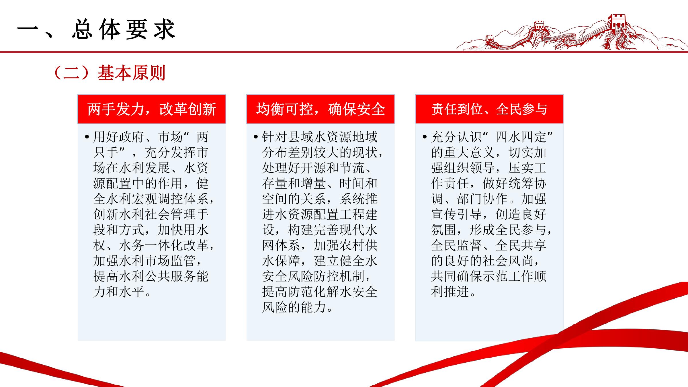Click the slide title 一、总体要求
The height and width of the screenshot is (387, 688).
pyautogui.click(x=96, y=30)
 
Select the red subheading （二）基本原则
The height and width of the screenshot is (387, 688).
pyautogui.click(x=109, y=73)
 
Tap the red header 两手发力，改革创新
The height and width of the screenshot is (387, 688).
pyautogui.click(x=152, y=109)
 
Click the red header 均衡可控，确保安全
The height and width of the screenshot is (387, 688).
pyautogui.click(x=320, y=109)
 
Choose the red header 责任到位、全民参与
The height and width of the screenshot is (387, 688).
pyautogui.click(x=489, y=109)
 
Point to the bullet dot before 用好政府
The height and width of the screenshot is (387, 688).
pyautogui.click(x=87, y=137)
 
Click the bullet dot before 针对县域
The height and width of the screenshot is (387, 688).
pyautogui.click(x=256, y=137)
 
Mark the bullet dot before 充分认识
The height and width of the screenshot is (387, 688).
pyautogui.click(x=425, y=137)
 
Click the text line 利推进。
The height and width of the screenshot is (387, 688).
pyautogui.click(x=454, y=292)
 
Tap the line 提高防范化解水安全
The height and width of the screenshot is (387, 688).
pyautogui.click(x=320, y=292)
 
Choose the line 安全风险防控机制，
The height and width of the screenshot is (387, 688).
pyautogui.click(x=317, y=276)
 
